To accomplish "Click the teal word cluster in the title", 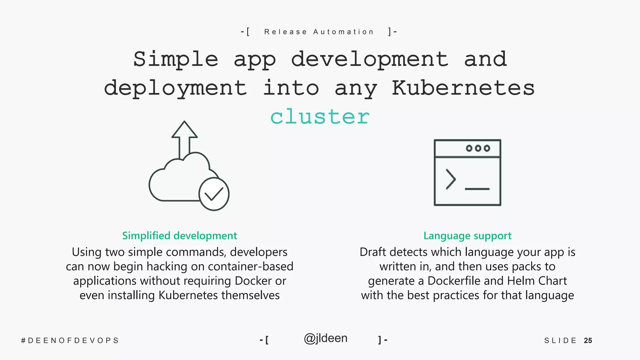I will pos(320,117).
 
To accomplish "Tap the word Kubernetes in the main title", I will pos(463,88).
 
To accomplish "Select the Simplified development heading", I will pos(179,236).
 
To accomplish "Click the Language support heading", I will pos(467,236).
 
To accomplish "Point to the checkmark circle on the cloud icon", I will pos(214,194).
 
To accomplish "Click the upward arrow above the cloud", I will pos(184,137).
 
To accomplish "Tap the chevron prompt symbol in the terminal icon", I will pos(450,179).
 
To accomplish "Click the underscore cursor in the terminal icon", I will pos(477,189).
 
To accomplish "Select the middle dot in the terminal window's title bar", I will pos(478,148).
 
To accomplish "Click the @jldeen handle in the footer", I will pos(325,338).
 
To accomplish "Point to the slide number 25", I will pos(588,341).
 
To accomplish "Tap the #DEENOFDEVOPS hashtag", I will pos(70,341).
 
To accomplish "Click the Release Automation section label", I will pos(319,32).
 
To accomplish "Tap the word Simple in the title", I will pos(176,59).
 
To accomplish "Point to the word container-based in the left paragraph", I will pos(250,267).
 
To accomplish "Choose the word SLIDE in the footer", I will pos(560,341).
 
